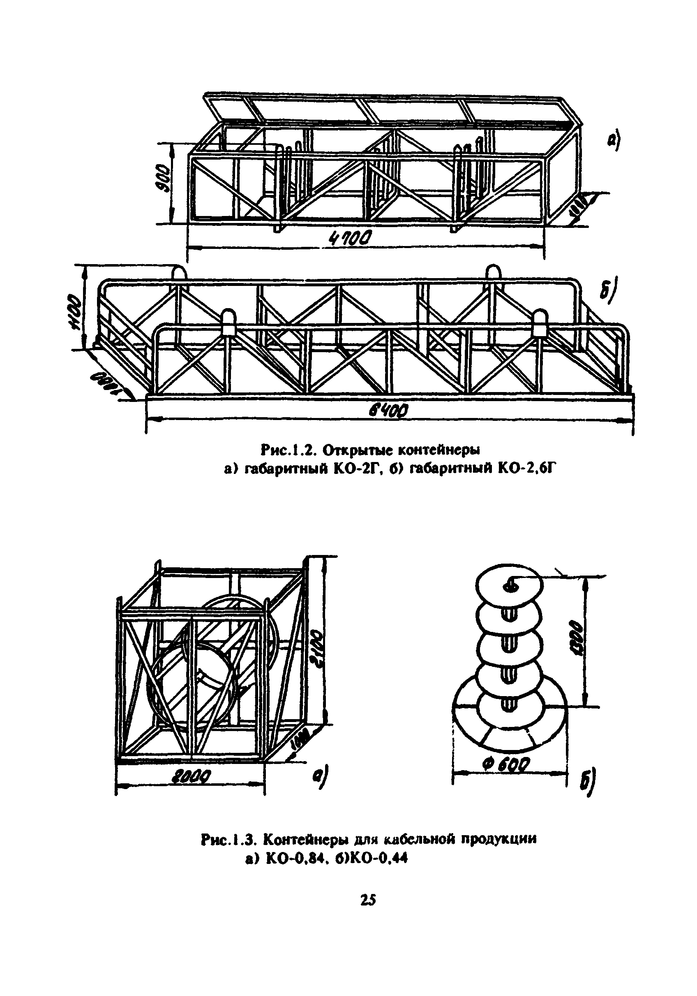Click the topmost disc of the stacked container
[x=509, y=585]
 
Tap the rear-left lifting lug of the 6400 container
[x=178, y=273]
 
